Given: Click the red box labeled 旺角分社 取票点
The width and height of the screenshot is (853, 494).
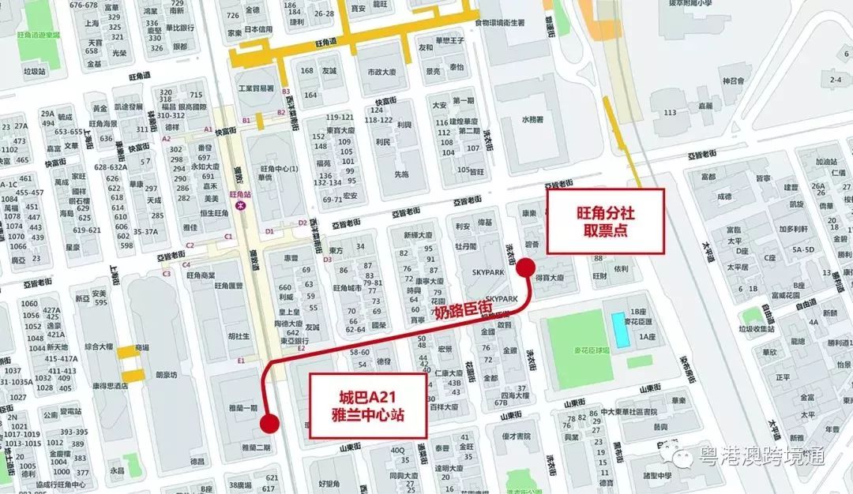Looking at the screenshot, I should click(x=606, y=221).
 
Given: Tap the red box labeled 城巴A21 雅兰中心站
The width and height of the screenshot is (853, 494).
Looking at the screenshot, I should click(x=368, y=406).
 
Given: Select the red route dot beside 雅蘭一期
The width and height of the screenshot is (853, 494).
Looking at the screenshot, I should click(x=269, y=424).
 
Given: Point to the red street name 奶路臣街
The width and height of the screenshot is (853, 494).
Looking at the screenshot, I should click(x=461, y=310).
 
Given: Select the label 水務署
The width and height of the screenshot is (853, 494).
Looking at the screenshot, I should click(x=534, y=120).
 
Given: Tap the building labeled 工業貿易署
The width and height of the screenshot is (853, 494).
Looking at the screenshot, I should click(x=256, y=88).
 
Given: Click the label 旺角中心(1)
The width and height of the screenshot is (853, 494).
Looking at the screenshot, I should click(x=278, y=169).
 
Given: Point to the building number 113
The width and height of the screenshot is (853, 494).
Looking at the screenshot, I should click(x=671, y=112).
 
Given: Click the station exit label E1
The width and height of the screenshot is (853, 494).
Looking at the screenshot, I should click(x=241, y=360).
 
